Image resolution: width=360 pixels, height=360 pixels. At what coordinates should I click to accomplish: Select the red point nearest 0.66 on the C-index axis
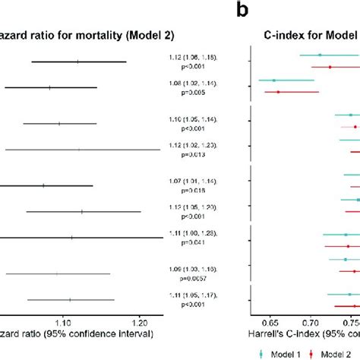click(278, 93)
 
